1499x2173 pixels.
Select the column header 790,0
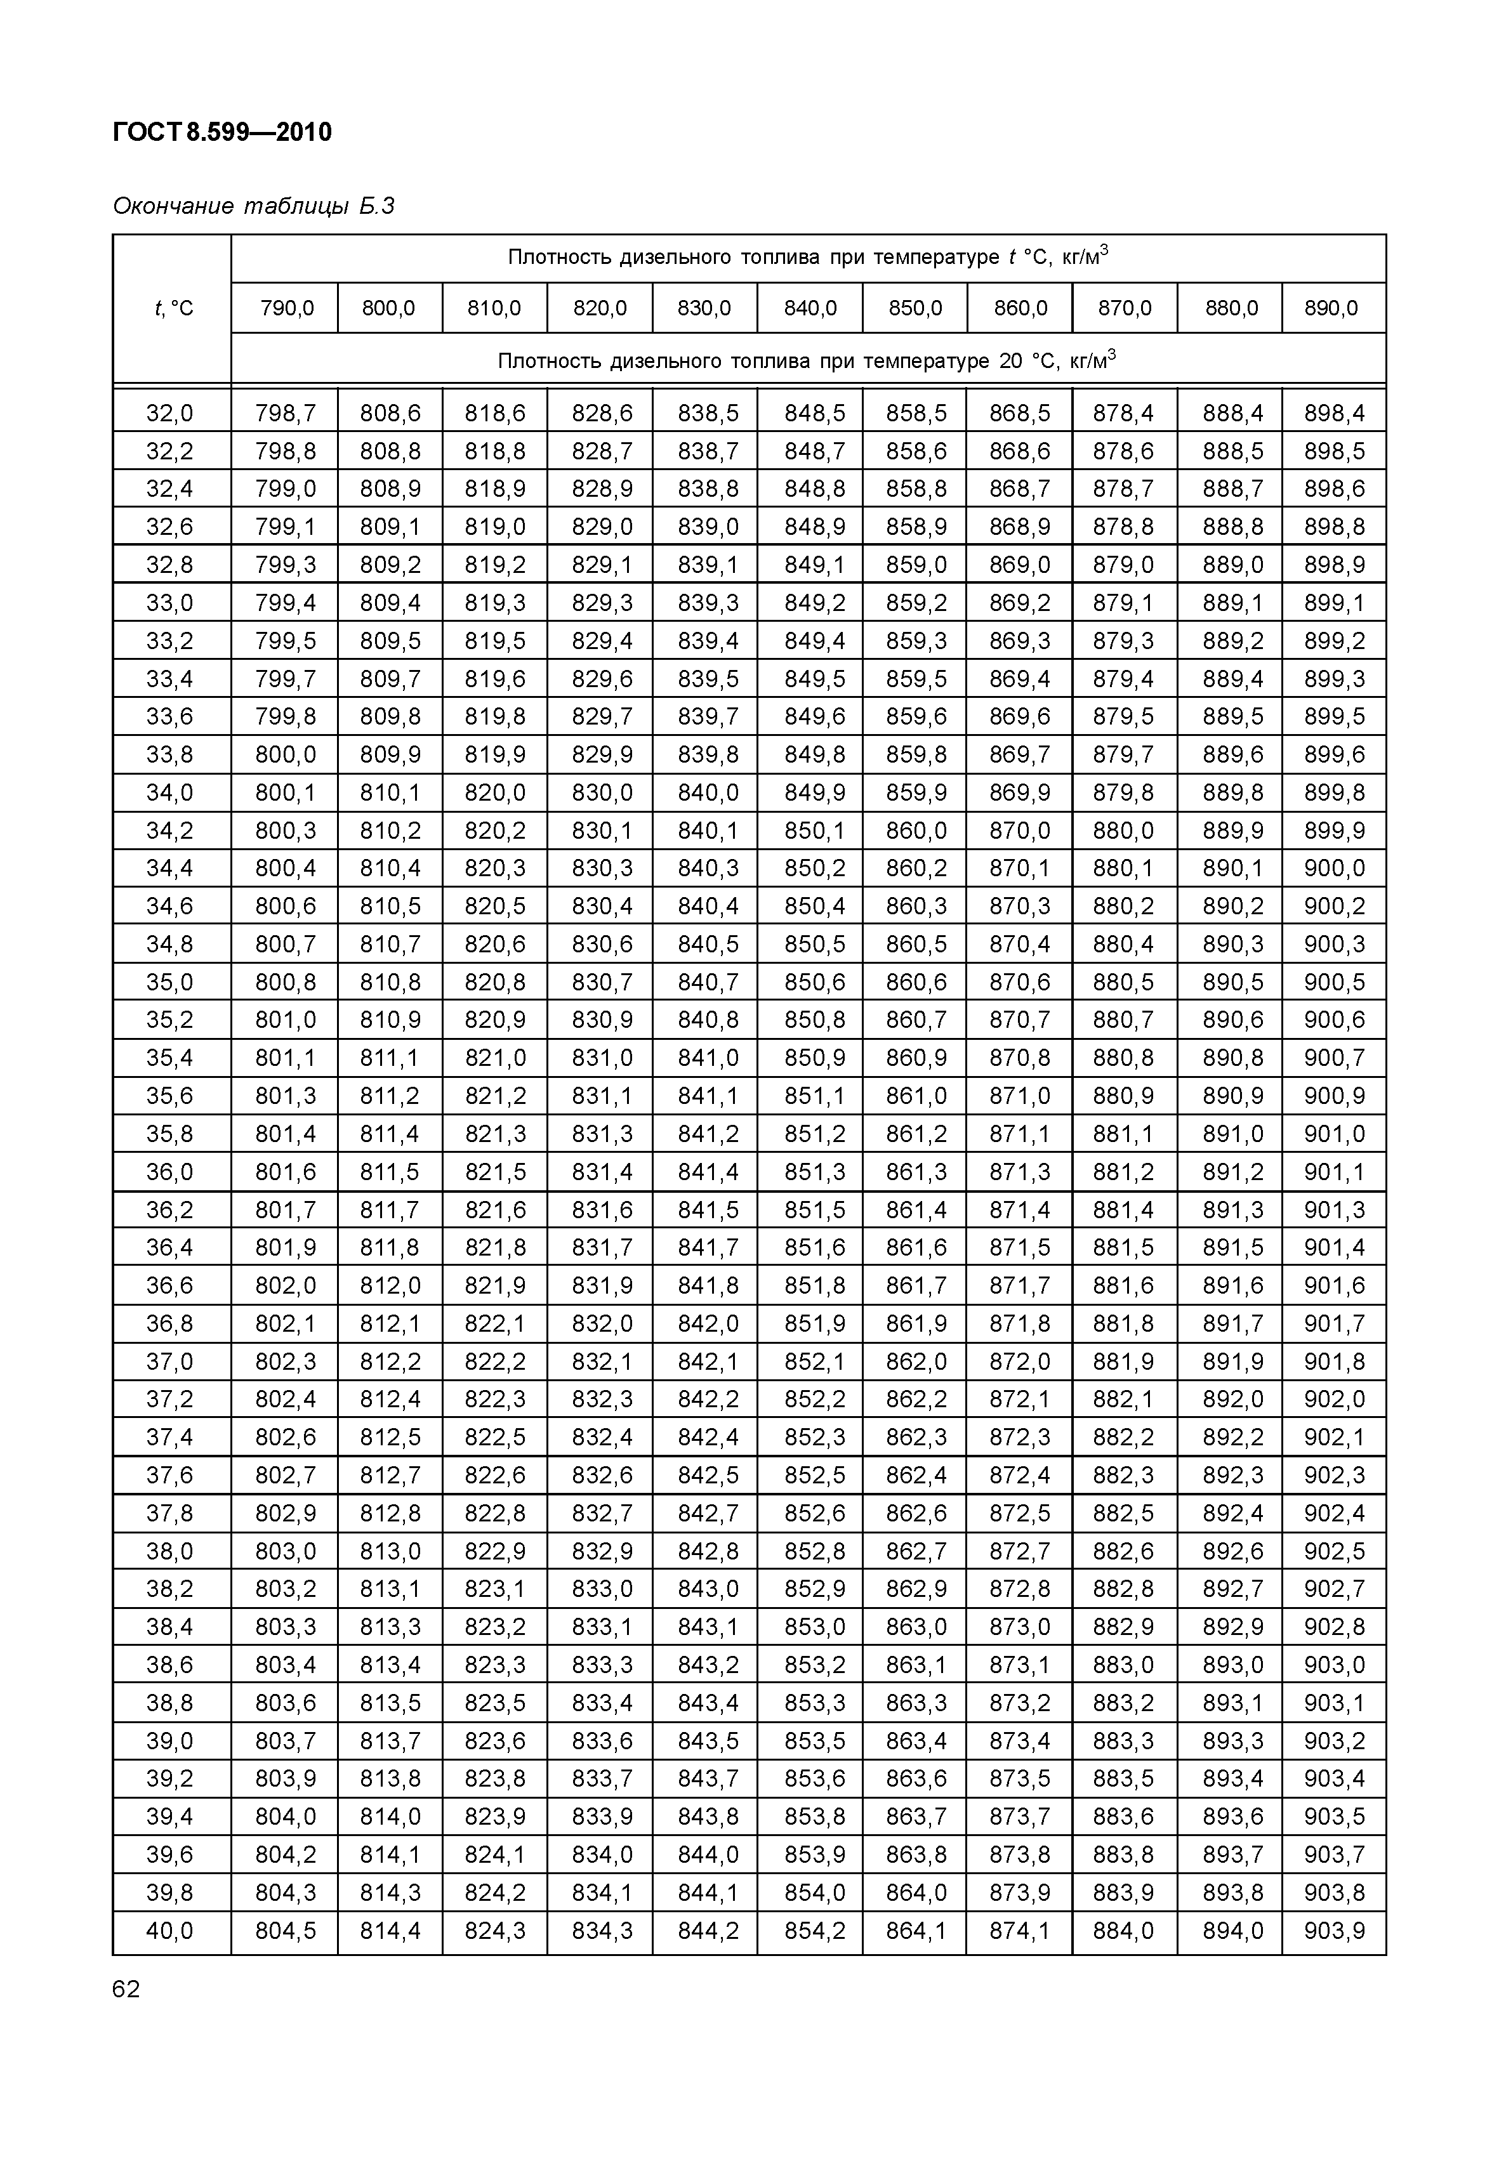[x=286, y=308]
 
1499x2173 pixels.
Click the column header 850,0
[x=916, y=308]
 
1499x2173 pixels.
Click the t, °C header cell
[x=173, y=308]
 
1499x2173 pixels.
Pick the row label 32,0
[x=170, y=413]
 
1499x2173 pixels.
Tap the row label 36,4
[x=170, y=1248]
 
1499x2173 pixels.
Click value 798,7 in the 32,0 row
[x=286, y=413]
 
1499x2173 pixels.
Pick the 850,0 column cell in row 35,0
[x=916, y=982]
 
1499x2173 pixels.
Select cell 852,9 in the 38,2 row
[x=814, y=1589]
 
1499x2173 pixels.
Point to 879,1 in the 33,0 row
[x=1123, y=603]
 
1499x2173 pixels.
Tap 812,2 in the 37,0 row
[x=390, y=1362]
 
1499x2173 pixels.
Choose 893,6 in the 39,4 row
[x=1232, y=1816]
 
